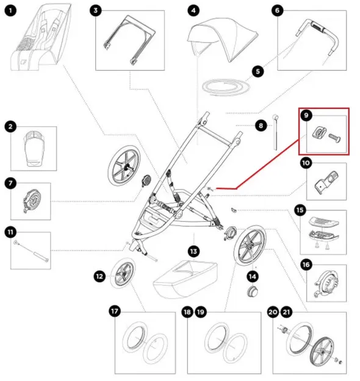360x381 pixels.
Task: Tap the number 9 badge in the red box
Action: coord(306,115)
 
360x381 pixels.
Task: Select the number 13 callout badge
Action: coord(193,251)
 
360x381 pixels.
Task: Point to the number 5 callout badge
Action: coord(258,71)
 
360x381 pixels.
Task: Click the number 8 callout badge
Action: coord(261,126)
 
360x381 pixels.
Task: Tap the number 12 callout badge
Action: coord(99,276)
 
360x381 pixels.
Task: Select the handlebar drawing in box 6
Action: coord(317,40)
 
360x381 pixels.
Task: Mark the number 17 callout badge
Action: coord(114,311)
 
